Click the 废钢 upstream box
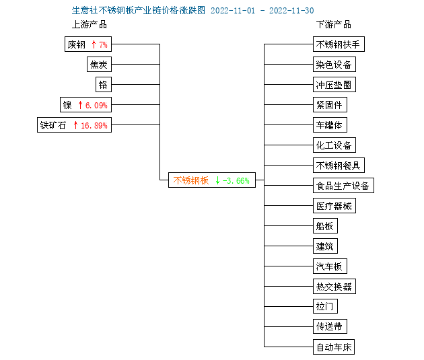click(88, 44)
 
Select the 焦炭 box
click(99, 65)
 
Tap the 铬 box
click(104, 85)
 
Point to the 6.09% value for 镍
click(96, 105)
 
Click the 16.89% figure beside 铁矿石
click(94, 125)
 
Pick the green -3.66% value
click(236, 180)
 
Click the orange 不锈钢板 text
click(191, 180)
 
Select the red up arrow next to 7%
click(94, 44)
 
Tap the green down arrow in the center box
click(217, 180)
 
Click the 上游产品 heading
click(90, 25)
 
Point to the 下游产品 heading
click(334, 25)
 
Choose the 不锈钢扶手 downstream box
click(339, 44)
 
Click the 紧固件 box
click(330, 105)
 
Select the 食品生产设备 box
click(343, 186)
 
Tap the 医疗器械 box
click(334, 206)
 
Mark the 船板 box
click(325, 225)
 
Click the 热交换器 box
click(334, 286)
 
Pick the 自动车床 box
click(334, 347)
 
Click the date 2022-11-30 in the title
click(291, 11)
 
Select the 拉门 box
click(325, 306)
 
